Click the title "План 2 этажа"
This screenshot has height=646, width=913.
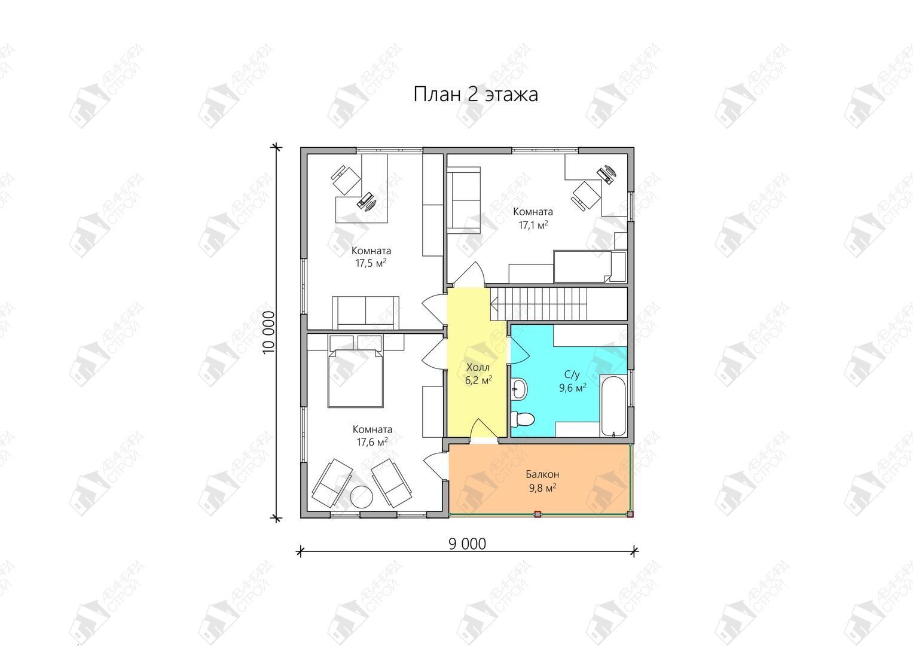(475, 95)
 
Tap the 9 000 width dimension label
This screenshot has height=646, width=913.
(468, 544)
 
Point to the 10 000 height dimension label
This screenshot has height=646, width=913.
(269, 333)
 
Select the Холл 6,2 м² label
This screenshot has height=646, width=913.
(478, 374)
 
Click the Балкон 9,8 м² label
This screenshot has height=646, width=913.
(542, 481)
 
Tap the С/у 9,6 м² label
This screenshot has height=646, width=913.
(573, 382)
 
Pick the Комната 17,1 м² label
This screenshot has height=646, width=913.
(533, 218)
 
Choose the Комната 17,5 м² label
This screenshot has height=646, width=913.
(371, 257)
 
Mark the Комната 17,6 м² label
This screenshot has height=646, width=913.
(372, 435)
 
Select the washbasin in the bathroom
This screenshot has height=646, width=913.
(519, 389)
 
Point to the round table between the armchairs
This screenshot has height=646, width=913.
(362, 497)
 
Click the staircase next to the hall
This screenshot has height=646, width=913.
(558, 304)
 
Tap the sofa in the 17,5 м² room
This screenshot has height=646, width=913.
(365, 313)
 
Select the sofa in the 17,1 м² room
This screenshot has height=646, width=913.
(464, 200)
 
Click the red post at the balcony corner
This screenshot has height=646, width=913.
(630, 514)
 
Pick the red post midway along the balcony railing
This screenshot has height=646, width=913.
(538, 514)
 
